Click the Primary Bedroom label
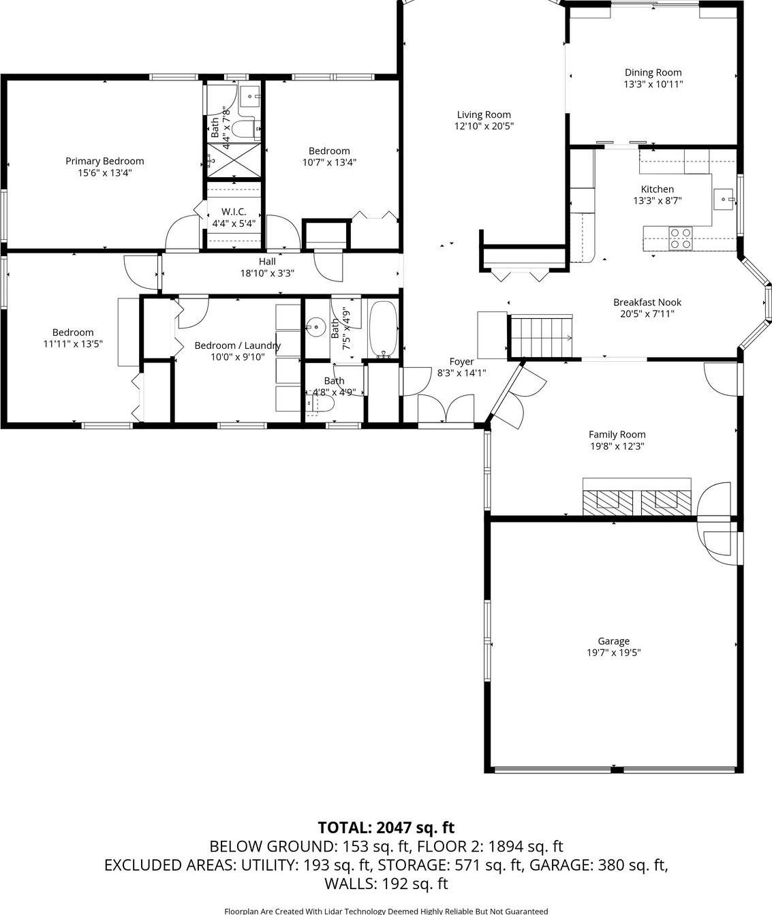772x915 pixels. [x=104, y=161]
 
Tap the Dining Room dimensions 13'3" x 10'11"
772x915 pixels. [x=653, y=84]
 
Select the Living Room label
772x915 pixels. [x=483, y=114]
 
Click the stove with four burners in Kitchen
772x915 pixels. [x=679, y=238]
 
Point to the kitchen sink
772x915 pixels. [x=723, y=199]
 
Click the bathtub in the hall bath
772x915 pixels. [x=383, y=329]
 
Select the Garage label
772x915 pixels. [x=613, y=640]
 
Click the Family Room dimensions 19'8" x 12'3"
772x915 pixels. [x=617, y=446]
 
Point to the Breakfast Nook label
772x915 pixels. [x=647, y=302]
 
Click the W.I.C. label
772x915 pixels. [x=234, y=212]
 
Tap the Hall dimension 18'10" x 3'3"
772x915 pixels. [x=266, y=273]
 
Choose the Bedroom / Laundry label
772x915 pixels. [x=237, y=345]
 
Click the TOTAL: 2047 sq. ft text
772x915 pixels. [x=386, y=827]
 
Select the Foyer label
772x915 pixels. [x=461, y=361]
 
